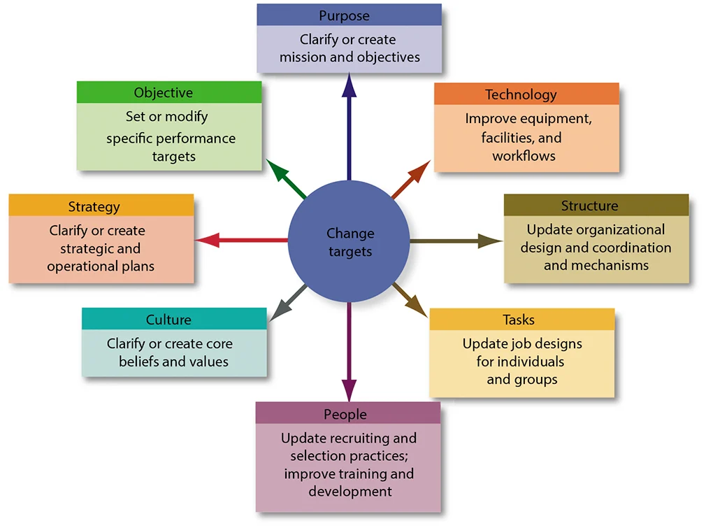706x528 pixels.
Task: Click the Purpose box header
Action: pyautogui.click(x=349, y=15)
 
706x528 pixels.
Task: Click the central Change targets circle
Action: pyautogui.click(x=349, y=241)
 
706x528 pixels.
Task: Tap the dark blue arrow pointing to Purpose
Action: pyautogui.click(x=349, y=126)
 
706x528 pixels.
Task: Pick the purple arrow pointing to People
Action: pyautogui.click(x=349, y=350)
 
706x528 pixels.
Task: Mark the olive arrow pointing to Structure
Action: pyautogui.click(x=454, y=241)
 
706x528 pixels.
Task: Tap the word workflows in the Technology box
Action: pyautogui.click(x=524, y=156)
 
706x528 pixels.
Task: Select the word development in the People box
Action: pyautogui.click(x=350, y=492)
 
